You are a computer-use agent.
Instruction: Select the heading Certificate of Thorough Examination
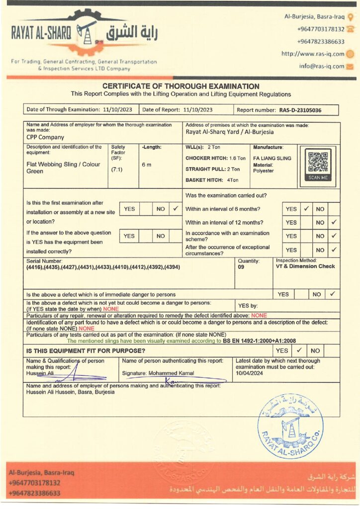(x=180, y=86)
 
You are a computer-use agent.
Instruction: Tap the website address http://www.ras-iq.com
(x=313, y=54)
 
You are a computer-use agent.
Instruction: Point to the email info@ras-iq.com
(x=322, y=66)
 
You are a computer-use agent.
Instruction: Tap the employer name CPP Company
(x=45, y=137)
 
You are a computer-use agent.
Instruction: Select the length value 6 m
(x=147, y=165)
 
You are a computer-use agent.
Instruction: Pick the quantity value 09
(x=242, y=266)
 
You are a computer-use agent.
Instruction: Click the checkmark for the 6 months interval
(x=307, y=209)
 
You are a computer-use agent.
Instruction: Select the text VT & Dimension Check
(x=305, y=266)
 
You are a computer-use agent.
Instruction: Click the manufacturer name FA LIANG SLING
(x=272, y=158)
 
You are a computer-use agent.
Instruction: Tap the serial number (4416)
(x=35, y=267)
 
